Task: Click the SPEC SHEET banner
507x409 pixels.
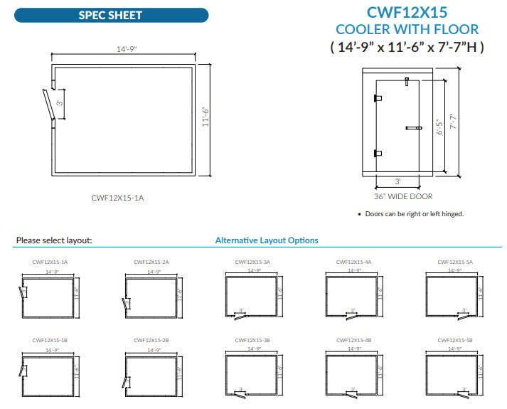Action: (110, 15)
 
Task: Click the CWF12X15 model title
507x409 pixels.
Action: (407, 12)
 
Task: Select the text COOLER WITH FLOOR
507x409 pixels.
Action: (407, 30)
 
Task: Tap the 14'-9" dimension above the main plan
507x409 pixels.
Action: (126, 49)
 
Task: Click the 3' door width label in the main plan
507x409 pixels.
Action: (60, 103)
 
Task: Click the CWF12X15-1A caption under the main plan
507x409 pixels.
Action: (117, 197)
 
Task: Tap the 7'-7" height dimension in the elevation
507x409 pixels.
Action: (452, 122)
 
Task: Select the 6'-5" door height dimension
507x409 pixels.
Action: (439, 127)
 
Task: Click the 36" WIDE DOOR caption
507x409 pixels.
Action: (403, 196)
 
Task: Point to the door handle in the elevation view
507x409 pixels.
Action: (413, 128)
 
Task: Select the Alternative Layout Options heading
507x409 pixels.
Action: (267, 240)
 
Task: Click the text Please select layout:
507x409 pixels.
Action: (54, 240)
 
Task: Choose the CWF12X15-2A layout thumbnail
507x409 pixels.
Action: (151, 297)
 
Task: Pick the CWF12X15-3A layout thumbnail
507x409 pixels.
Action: (252, 297)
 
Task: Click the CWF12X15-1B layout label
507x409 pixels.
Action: (50, 341)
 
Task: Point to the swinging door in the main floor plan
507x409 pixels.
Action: (48, 105)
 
